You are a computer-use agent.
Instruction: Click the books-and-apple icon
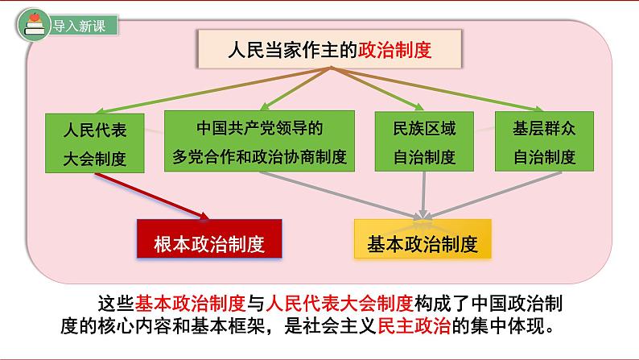tap(34, 25)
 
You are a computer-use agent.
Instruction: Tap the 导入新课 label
tap(79, 26)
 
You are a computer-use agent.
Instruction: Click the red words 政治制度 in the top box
tap(394, 50)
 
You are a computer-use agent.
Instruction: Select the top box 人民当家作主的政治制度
tap(330, 49)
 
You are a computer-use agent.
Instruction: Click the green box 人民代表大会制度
tap(94, 143)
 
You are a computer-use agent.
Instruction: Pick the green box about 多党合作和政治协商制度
tap(259, 141)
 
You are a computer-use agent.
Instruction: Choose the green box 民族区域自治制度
tap(424, 142)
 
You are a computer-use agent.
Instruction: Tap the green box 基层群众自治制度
tap(544, 142)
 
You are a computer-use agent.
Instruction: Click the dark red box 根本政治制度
tap(209, 239)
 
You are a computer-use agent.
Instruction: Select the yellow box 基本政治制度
tap(423, 239)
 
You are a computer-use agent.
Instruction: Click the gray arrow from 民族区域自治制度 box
tap(424, 195)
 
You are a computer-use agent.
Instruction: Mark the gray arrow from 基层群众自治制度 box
tap(494, 195)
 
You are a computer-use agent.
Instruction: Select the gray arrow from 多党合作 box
tap(340, 195)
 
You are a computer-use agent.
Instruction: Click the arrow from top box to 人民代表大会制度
tap(213, 89)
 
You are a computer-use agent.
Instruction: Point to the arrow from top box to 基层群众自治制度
tap(437, 89)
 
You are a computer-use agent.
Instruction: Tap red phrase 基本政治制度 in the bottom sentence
tap(190, 304)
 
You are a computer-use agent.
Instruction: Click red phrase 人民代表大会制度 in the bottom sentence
tap(340, 304)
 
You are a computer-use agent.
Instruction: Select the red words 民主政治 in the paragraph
tap(414, 326)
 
